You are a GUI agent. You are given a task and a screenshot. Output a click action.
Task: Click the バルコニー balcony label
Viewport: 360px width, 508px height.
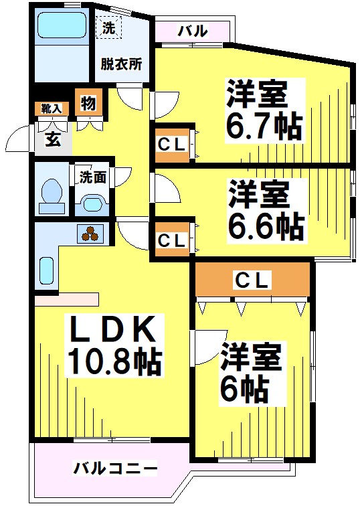[114, 467]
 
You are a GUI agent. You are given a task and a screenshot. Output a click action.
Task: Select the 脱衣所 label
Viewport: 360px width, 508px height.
[121, 65]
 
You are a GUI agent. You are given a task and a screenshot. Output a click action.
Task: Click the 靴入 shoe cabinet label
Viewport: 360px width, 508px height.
[50, 107]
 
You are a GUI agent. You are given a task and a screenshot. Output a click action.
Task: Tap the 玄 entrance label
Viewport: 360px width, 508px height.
[52, 139]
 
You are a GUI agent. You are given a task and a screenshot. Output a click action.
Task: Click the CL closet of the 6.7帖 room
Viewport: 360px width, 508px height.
[173, 144]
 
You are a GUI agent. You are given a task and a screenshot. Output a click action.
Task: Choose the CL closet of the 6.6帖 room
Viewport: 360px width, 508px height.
[173, 239]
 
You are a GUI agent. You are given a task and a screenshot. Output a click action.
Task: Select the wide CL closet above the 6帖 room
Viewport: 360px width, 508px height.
[252, 280]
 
